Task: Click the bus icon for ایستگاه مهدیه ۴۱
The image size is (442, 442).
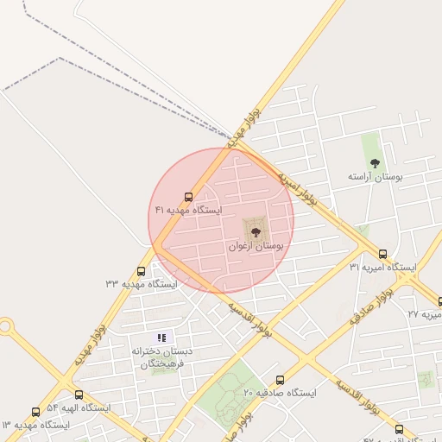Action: point(189,198)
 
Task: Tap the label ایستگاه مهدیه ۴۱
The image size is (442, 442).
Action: point(188,210)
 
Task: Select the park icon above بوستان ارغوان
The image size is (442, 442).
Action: point(256,230)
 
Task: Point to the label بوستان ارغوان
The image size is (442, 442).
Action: point(256,246)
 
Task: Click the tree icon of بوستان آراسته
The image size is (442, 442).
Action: point(375,162)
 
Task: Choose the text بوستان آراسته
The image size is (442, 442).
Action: point(376,176)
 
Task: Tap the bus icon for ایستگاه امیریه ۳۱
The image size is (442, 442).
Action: point(382,254)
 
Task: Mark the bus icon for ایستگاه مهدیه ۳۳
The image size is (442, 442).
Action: point(141,271)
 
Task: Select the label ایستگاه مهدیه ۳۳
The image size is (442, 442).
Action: point(141,283)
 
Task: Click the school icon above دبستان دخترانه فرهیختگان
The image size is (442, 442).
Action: point(161,338)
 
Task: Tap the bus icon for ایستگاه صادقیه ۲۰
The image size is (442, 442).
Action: point(280,381)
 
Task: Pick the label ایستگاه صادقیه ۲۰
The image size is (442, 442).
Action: point(280,393)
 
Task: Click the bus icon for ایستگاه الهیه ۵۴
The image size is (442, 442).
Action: point(79,395)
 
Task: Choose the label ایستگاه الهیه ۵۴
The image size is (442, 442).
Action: point(79,407)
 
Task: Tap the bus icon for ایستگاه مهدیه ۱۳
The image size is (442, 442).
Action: point(35,413)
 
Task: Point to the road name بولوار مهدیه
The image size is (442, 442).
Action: point(91,344)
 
